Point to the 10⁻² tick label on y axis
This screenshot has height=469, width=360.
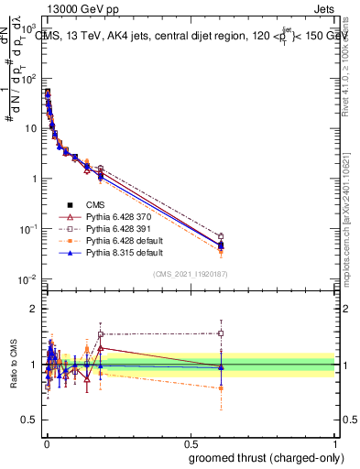[x=27, y=278]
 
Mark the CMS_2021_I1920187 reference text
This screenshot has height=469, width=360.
[x=191, y=273]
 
